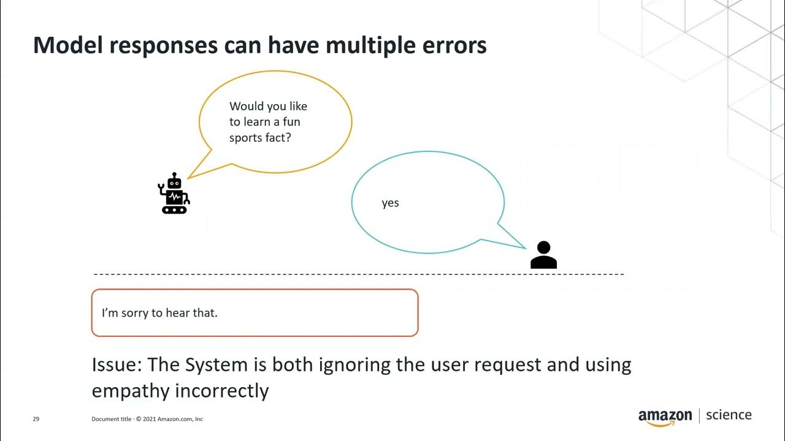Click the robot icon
click(x=174, y=194)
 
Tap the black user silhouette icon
click(x=543, y=255)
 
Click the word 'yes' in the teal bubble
click(x=390, y=203)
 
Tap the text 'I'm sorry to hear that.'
click(x=159, y=313)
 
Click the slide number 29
click(x=36, y=420)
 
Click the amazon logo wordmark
click(x=665, y=417)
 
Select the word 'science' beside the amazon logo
click(x=729, y=415)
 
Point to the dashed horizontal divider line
click(x=359, y=274)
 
